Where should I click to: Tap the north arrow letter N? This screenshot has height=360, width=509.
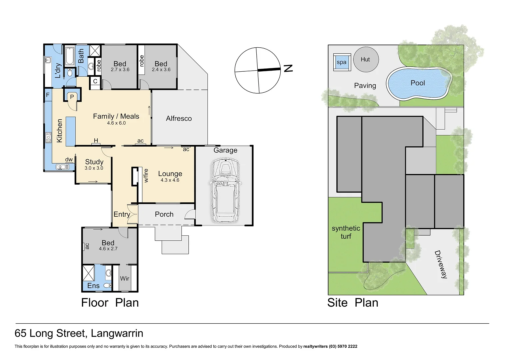pos(288,69)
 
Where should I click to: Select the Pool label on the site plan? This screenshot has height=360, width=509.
pos(418,83)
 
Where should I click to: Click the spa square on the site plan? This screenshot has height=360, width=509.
pos(342,62)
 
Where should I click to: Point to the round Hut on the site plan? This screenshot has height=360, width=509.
pos(366,59)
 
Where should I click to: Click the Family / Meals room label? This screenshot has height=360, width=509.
pos(116,116)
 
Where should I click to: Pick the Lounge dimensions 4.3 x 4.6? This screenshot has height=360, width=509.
pos(170,180)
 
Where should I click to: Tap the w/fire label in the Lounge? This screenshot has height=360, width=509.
pos(146,175)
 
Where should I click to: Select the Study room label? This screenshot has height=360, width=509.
pos(94,162)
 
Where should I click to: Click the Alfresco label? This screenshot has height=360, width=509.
pos(179,118)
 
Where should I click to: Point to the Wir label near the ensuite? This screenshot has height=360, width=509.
pos(125,278)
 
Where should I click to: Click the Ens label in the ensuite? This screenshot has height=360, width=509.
pos(93,286)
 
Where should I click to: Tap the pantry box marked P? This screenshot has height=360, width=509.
pos(72,97)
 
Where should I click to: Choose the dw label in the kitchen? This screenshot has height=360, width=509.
pos(69,160)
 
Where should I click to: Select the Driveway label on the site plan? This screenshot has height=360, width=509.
pos(441,264)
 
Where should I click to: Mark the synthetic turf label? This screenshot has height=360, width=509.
pos(346,232)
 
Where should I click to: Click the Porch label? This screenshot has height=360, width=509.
pos(164,214)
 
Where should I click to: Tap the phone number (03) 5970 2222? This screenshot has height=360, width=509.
pos(343,346)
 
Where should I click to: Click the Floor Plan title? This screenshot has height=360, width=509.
pos(110,303)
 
